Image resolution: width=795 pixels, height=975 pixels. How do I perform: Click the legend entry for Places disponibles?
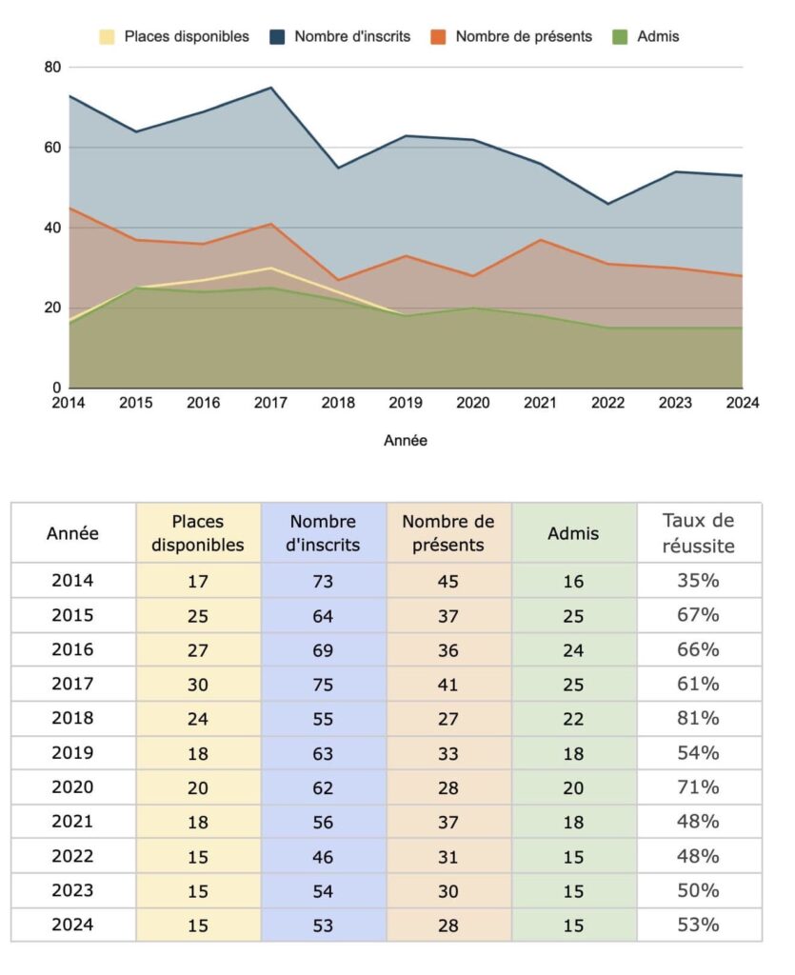(174, 37)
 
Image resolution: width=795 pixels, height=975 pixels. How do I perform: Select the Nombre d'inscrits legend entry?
(340, 37)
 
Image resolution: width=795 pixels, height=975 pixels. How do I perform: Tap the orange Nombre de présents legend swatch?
(438, 37)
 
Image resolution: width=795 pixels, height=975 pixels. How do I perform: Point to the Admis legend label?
(658, 37)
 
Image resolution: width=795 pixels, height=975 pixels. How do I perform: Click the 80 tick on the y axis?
(52, 68)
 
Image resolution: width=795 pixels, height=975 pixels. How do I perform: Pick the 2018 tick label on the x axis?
(338, 403)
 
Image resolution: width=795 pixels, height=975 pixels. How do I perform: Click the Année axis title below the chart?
(406, 440)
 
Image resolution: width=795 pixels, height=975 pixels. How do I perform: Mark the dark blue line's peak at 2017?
(271, 88)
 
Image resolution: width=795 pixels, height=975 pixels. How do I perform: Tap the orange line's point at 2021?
(541, 239)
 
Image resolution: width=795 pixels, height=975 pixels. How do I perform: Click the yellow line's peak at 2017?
(271, 268)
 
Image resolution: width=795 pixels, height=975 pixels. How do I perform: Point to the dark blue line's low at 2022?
(607, 204)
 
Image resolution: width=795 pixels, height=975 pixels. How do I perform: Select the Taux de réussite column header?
(699, 533)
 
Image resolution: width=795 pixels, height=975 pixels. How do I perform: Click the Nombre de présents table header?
(448, 533)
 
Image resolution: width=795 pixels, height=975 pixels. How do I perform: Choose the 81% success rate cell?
(698, 718)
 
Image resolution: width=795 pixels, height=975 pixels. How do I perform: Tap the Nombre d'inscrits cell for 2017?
(323, 685)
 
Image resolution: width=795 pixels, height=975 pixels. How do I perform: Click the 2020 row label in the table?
(72, 787)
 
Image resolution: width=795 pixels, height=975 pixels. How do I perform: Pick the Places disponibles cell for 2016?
(198, 650)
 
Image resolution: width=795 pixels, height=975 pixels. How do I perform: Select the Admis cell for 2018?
(573, 719)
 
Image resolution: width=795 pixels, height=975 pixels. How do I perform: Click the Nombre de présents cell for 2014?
(448, 582)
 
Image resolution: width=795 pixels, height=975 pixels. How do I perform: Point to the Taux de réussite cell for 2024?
(698, 925)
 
